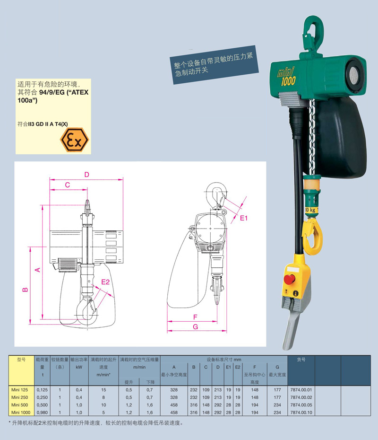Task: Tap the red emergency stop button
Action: coord(290,279)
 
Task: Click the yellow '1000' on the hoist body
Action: coord(288,81)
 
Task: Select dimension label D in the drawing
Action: coord(86,175)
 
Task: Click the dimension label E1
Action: coord(244,218)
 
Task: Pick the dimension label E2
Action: coord(105,282)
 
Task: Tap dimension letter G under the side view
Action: coord(195,326)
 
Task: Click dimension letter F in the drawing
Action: coord(195,317)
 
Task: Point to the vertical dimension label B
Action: coord(25,289)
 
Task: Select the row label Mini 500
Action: coord(20,405)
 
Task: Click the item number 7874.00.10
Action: coord(301,413)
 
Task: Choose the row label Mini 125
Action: coord(20,390)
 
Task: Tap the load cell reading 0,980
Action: coord(43,413)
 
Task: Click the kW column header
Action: coord(79,367)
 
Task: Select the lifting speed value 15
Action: coord(103,390)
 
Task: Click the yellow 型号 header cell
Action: coord(21,370)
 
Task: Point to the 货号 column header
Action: coord(301,360)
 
